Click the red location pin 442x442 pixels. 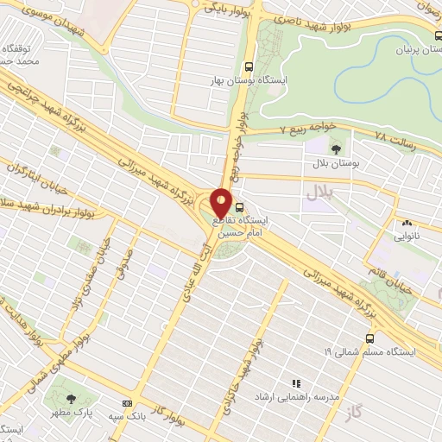click(222, 204)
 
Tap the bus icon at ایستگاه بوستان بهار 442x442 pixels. click(249, 66)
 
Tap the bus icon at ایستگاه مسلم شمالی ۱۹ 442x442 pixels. click(369, 338)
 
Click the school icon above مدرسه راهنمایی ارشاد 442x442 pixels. click(296, 382)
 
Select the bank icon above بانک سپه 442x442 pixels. click(128, 403)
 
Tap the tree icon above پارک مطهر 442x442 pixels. click(71, 398)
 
